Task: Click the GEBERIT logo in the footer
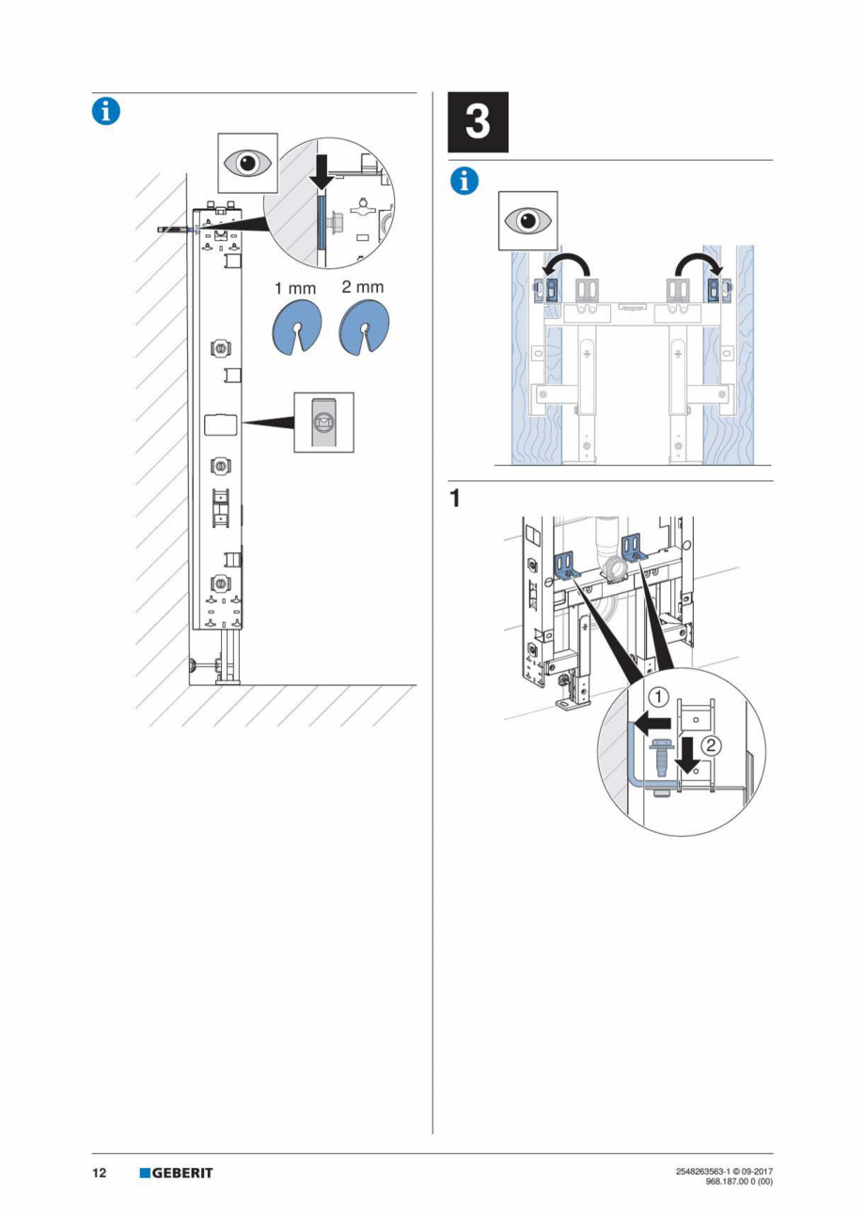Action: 176,1173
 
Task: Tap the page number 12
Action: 99,1173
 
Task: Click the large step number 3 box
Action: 477,122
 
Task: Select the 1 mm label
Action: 294,288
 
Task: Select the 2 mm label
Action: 362,286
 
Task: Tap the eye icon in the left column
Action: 248,163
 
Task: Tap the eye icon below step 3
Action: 527,220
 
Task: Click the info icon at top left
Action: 105,111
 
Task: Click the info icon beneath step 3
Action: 464,180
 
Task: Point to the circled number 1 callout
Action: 659,698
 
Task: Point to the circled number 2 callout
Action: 712,746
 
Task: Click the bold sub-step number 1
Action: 455,499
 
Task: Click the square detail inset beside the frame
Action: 323,423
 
